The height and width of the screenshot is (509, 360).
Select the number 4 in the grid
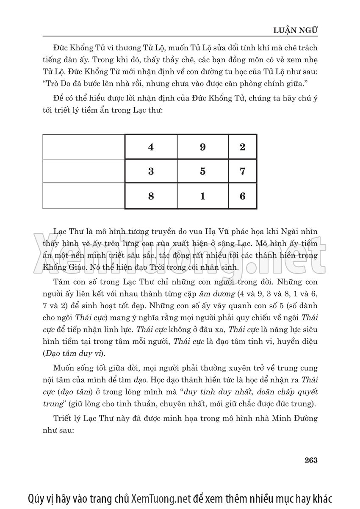tap(151, 147)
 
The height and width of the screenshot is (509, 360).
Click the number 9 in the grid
tap(202, 147)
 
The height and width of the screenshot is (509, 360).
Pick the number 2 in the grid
tap(242, 147)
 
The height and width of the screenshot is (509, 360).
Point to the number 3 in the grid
tap(151, 172)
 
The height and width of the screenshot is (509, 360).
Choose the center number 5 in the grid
tap(202, 172)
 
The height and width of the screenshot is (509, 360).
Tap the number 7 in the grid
tap(242, 172)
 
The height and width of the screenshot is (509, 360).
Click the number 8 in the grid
tap(151, 196)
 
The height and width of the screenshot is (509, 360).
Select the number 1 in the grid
tap(202, 196)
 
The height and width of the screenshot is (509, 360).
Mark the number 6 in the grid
tap(242, 196)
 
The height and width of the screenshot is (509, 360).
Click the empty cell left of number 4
tap(84, 147)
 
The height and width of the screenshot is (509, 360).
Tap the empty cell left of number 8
tap(84, 196)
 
